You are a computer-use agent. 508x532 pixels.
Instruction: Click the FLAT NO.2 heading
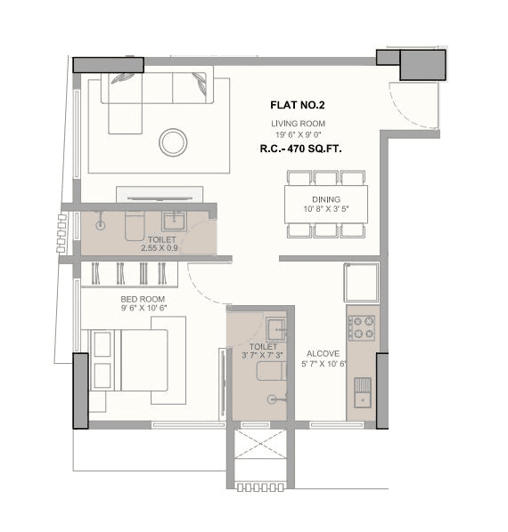299,103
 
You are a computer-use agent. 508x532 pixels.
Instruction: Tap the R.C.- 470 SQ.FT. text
299,150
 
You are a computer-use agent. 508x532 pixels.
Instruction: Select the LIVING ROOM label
299,124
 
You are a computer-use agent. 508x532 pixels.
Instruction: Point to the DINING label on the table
325,200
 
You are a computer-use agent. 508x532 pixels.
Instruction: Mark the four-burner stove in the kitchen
363,328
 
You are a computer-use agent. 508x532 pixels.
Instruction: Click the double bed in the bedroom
134,360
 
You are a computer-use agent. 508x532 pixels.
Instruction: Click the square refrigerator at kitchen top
363,283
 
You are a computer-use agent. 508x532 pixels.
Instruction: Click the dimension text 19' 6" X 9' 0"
299,134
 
